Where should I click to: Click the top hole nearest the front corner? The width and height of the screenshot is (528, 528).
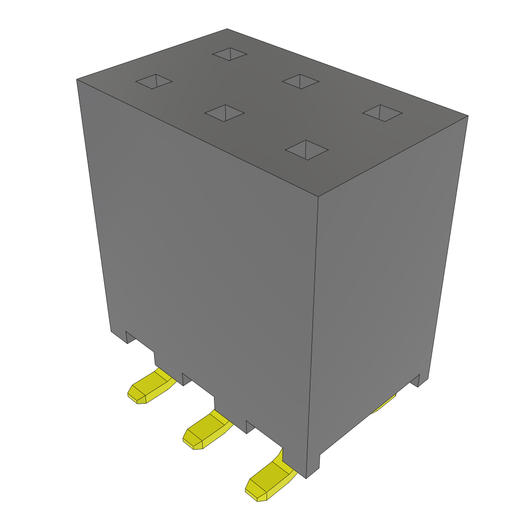[307, 150]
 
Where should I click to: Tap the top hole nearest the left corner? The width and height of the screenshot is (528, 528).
[154, 81]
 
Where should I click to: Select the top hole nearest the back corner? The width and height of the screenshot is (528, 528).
[230, 54]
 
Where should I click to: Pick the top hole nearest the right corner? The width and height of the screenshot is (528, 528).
[382, 113]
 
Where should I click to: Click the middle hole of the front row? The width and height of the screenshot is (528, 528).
[224, 113]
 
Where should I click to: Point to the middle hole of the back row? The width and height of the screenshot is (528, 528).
[301, 81]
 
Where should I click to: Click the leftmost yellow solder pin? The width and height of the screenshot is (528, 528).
[150, 387]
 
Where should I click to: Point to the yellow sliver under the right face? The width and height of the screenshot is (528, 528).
[384, 406]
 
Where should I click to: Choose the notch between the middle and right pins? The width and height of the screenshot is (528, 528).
[251, 426]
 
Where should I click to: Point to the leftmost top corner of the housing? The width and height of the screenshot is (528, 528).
[77, 80]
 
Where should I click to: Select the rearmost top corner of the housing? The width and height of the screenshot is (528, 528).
[227, 29]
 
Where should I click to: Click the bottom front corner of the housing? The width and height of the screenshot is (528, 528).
[307, 477]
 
